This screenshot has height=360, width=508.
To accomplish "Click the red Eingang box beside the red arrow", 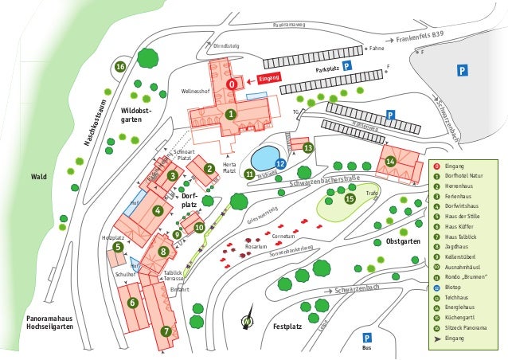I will [x=269, y=79].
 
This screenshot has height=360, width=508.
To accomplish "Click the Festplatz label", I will [x=287, y=327].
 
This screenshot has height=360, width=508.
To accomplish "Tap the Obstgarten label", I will [x=403, y=241].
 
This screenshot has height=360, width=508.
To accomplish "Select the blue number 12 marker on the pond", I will [x=280, y=163].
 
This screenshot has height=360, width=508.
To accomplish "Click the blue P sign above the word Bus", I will [x=367, y=338].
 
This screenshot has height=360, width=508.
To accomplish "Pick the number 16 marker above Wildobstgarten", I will [x=120, y=67].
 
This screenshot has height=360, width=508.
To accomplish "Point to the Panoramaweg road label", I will [x=289, y=25].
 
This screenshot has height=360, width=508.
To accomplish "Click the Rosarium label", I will [x=256, y=247].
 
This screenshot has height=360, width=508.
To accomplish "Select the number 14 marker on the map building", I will [x=390, y=162].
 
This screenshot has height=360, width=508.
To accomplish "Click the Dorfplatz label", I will [x=190, y=200].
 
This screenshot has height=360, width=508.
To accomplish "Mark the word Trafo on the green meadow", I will [x=372, y=194].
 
